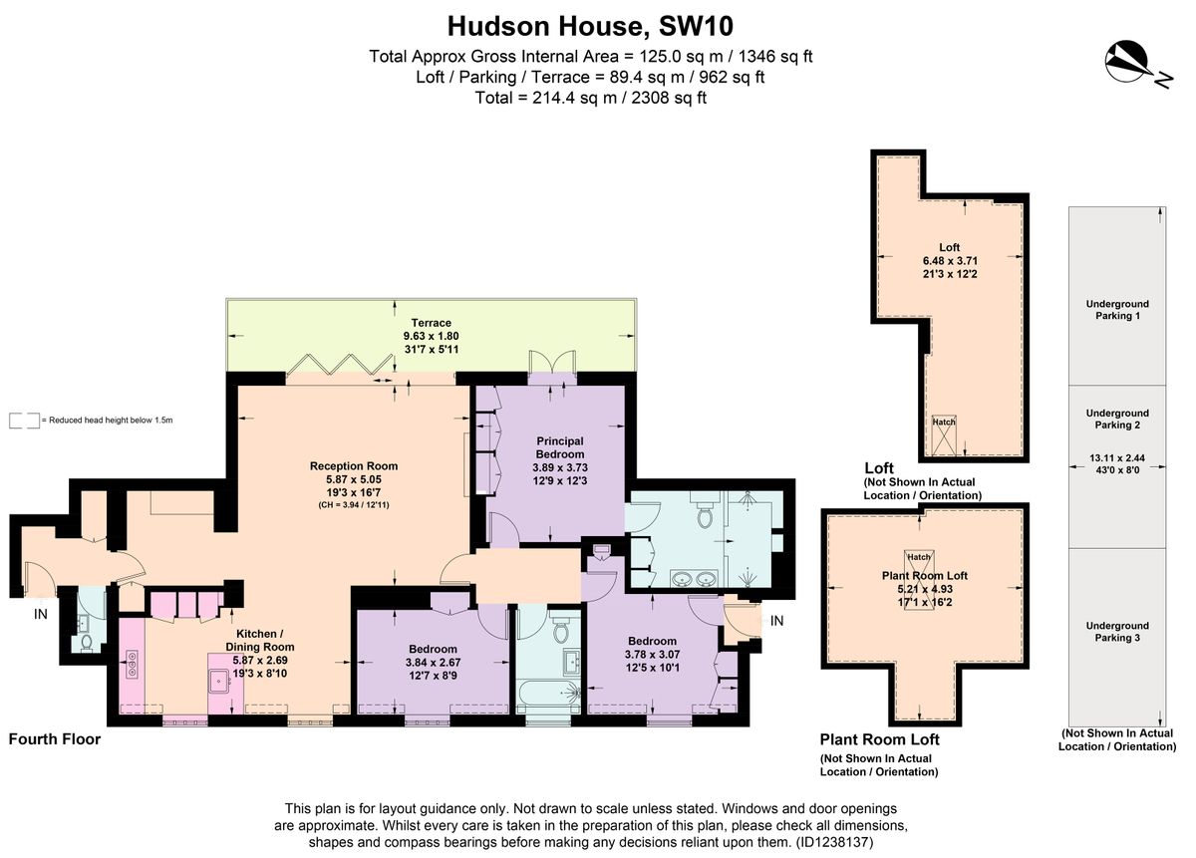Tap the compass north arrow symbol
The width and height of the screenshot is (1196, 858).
tap(1130, 62)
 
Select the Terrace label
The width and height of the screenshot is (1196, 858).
tap(428, 323)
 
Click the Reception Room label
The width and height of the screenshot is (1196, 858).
tap(354, 466)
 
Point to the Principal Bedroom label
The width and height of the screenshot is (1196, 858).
tap(559, 441)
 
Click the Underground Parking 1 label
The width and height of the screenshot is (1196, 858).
tap(1116, 310)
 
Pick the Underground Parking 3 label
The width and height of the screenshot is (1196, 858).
tap(1116, 632)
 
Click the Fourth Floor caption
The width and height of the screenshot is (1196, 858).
tap(55, 739)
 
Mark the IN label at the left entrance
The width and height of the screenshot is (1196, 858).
tap(41, 615)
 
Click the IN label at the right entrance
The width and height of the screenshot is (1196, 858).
tap(777, 621)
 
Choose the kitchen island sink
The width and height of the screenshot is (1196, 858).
tap(219, 681)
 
